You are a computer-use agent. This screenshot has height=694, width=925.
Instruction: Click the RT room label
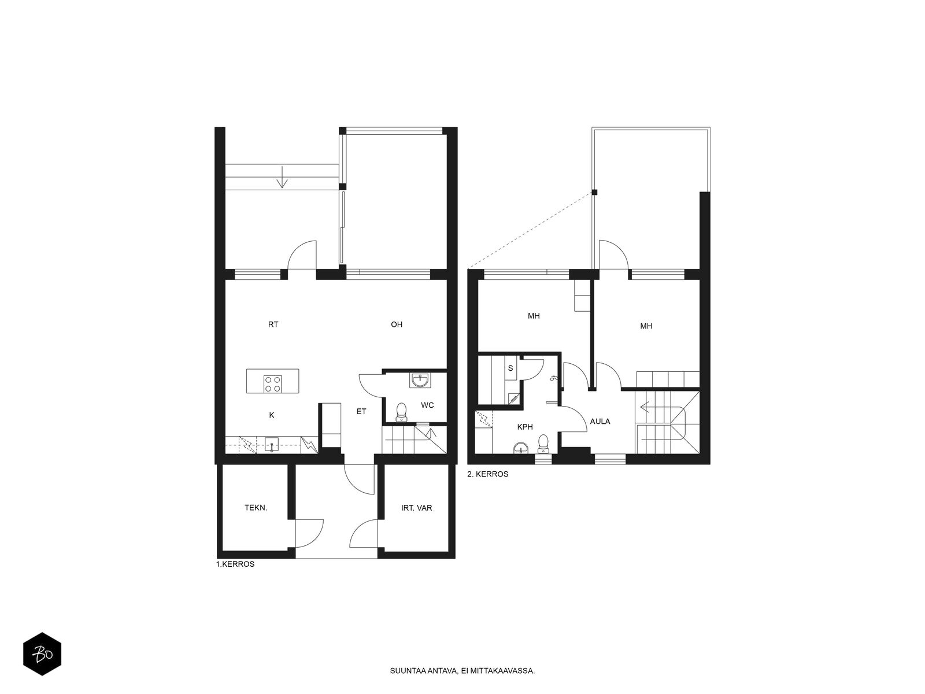(x=273, y=324)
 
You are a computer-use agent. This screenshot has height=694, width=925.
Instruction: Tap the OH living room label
(x=397, y=324)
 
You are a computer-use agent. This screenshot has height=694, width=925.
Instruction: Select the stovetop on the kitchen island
(x=272, y=384)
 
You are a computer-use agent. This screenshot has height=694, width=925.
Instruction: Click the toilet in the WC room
(x=401, y=412)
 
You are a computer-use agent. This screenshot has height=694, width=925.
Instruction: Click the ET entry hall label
(x=361, y=412)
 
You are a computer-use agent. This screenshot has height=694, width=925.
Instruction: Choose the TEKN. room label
(x=256, y=508)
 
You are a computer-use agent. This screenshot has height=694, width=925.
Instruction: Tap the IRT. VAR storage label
(x=416, y=508)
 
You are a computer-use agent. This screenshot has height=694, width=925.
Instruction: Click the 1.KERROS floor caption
(x=235, y=564)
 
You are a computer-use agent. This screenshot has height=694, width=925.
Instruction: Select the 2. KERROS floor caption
(x=487, y=474)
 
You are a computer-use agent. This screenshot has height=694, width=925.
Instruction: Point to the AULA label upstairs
(x=600, y=422)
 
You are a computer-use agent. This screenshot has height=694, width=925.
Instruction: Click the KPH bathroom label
(x=525, y=427)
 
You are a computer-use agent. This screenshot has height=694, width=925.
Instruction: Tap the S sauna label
(x=510, y=368)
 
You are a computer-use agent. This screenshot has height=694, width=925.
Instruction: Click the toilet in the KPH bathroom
(x=543, y=444)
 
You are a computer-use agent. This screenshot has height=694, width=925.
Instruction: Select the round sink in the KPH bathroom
(x=521, y=448)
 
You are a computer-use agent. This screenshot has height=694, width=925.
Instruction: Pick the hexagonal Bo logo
(x=42, y=654)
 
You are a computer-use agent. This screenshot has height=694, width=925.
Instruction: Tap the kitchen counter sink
(x=272, y=445)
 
